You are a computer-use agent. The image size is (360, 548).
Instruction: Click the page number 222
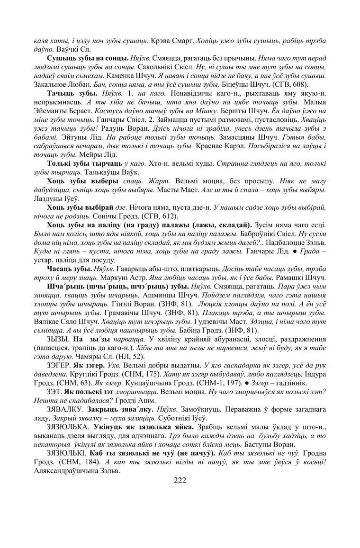[180, 481]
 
